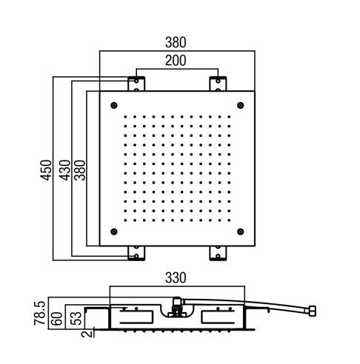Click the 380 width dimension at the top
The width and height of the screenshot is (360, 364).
[x=176, y=42]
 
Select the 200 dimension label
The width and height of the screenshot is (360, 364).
[x=176, y=61]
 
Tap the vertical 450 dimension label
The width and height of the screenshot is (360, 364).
[x=46, y=170]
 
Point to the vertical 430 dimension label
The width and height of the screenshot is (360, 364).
[x=64, y=170]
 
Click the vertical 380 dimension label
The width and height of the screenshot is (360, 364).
[x=80, y=170]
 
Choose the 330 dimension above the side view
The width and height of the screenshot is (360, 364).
[x=176, y=278]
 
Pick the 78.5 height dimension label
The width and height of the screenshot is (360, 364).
[x=40, y=313]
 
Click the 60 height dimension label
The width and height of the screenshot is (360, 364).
[x=56, y=319]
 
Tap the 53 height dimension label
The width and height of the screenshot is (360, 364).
[x=76, y=318]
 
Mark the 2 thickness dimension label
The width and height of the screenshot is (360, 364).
[x=87, y=334]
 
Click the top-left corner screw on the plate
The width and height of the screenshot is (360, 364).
[x=114, y=105]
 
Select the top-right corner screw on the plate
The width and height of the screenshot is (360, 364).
[x=241, y=105]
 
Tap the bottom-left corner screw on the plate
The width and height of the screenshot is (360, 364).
[x=114, y=232]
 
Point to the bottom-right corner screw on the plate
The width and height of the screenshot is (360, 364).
[x=241, y=232]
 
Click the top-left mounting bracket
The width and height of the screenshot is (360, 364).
[x=136, y=84]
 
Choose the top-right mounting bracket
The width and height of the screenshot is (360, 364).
[x=218, y=84]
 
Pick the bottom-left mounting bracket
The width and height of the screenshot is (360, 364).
[x=136, y=253]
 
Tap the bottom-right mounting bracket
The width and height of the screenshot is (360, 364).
[x=218, y=253]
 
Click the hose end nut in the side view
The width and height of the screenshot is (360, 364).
[x=313, y=311]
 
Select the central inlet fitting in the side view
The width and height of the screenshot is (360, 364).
[x=177, y=307]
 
